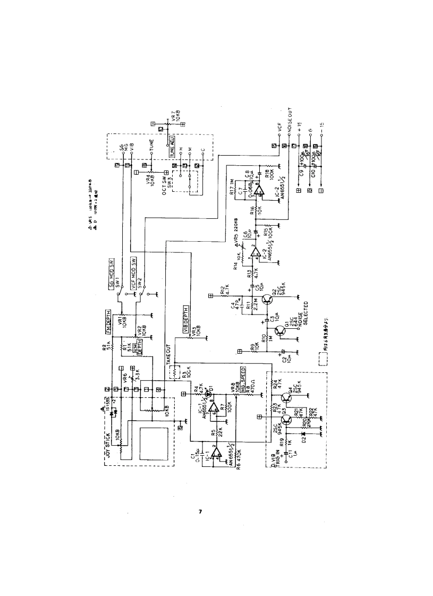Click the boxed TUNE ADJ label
point(171,144)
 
